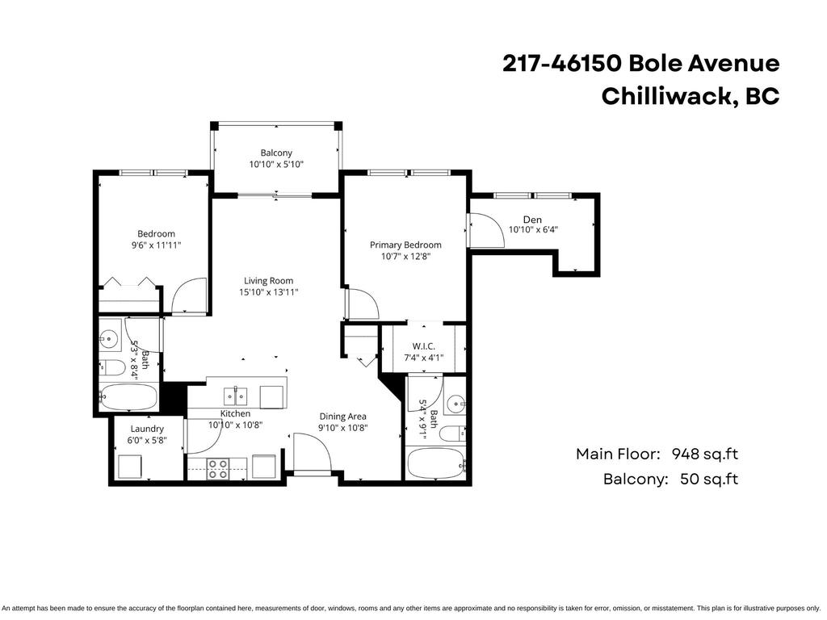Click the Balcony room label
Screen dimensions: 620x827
click(276, 153)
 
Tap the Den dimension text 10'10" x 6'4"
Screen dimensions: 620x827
click(533, 229)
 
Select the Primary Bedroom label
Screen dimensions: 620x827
click(405, 245)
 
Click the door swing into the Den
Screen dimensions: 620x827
click(485, 229)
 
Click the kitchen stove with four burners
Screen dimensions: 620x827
click(217, 468)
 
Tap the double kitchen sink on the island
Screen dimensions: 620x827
click(236, 396)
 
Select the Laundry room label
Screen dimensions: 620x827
click(146, 429)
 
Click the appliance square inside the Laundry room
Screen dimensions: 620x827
click(130, 466)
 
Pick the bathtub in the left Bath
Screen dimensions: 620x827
click(129, 397)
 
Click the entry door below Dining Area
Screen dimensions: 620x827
click(311, 455)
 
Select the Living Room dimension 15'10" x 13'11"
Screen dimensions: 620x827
click(268, 292)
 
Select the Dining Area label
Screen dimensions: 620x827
click(342, 417)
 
